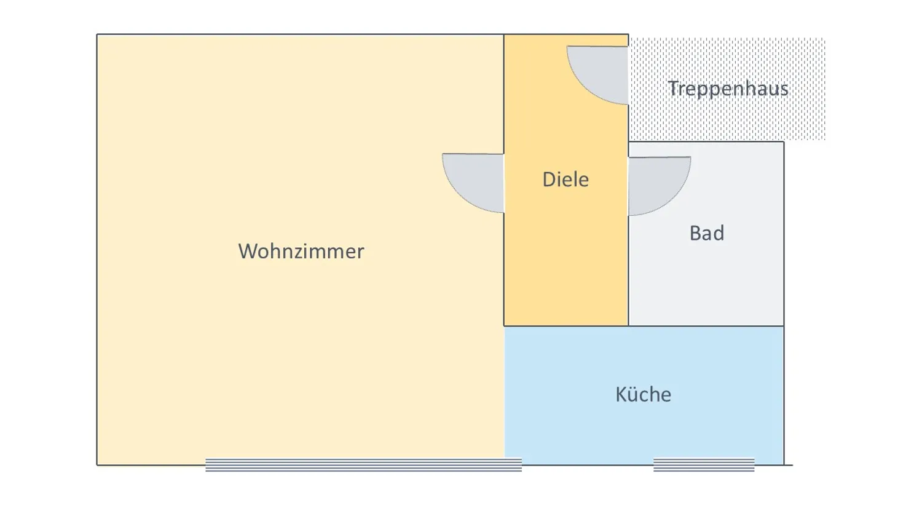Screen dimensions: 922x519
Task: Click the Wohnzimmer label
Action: (301, 252)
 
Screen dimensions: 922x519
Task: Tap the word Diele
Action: (565, 180)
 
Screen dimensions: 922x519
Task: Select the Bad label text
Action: (707, 233)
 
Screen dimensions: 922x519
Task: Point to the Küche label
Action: (644, 394)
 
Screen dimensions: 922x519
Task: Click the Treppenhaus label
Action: (728, 89)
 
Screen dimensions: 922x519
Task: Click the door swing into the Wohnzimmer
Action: (473, 183)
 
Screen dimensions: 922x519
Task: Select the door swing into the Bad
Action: (659, 186)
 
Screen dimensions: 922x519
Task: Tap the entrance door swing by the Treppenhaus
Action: (597, 75)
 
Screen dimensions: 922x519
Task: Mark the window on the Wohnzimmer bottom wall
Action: (363, 465)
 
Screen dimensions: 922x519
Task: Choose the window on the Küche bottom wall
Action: (704, 465)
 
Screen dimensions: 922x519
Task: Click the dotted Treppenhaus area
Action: (727, 119)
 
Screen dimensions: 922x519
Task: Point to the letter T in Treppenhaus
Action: (673, 88)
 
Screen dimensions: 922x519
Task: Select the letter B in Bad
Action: (695, 233)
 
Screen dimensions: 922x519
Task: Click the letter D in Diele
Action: (549, 180)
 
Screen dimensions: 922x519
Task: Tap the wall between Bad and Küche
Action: (706, 327)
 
